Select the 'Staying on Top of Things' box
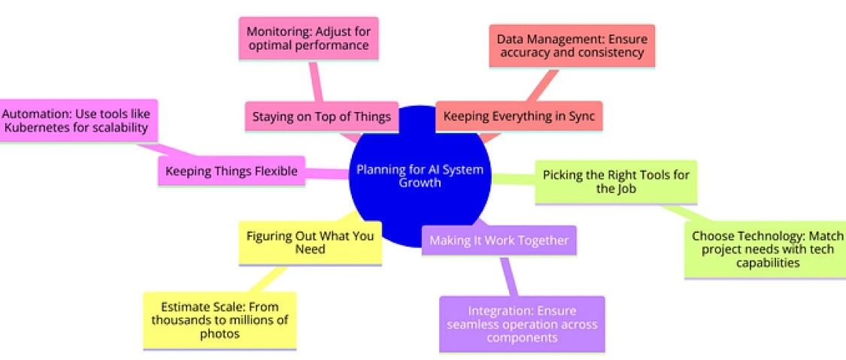(x=321, y=116)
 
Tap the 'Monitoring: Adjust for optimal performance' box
(x=309, y=39)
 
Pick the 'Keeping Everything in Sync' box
(x=519, y=116)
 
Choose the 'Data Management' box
(x=572, y=45)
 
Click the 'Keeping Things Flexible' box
(x=232, y=171)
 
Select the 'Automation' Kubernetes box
(x=78, y=119)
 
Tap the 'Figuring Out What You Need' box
(x=310, y=241)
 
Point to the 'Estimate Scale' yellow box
(x=220, y=320)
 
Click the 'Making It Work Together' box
(x=499, y=241)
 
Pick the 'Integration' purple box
(x=522, y=324)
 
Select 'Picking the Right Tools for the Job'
(x=616, y=182)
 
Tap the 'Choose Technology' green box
(x=765, y=249)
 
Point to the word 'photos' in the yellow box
(x=220, y=334)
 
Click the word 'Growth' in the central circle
(x=420, y=183)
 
